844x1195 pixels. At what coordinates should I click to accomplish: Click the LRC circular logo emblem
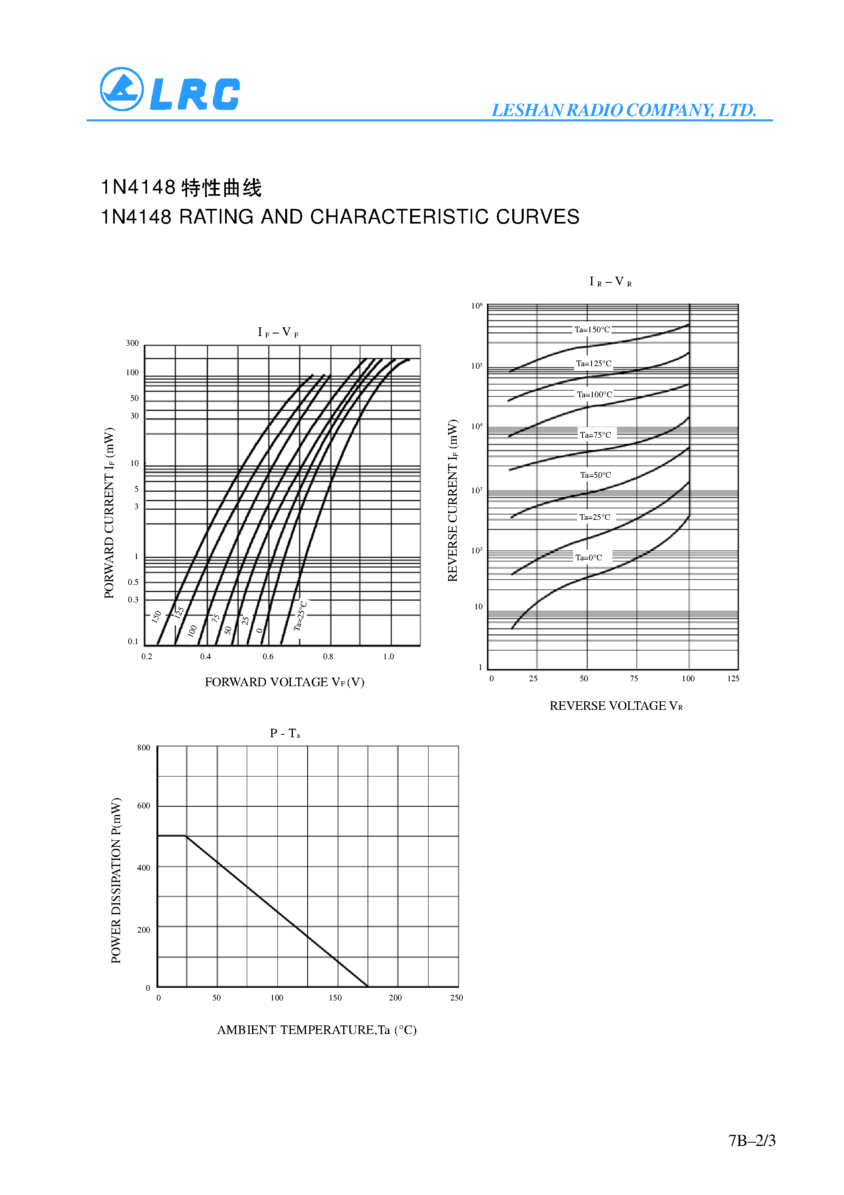click(121, 89)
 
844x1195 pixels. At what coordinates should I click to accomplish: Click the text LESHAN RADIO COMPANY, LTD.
click(623, 110)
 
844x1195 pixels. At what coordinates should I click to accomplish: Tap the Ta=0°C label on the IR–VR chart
click(589, 557)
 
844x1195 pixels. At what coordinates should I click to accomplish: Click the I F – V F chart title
click(278, 332)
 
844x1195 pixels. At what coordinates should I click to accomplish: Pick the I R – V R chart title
click(610, 282)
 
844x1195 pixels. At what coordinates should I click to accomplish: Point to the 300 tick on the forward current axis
click(132, 343)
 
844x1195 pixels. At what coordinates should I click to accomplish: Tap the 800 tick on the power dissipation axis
click(144, 748)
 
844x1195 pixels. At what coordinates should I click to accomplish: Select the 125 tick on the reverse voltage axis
click(733, 679)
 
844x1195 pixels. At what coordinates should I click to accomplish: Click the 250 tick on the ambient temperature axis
click(456, 998)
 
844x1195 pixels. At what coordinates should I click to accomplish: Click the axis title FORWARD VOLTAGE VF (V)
click(284, 683)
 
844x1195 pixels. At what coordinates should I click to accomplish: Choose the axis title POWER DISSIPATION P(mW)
click(116, 880)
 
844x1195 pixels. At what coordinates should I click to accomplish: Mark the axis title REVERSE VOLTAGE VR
click(616, 706)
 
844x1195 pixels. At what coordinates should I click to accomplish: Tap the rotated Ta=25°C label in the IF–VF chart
click(300, 616)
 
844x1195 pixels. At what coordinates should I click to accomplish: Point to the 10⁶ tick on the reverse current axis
click(477, 306)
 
